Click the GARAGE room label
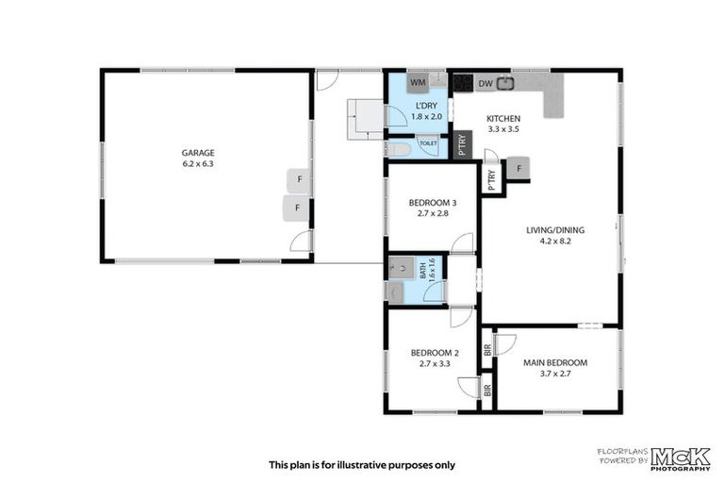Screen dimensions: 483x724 point(198,152)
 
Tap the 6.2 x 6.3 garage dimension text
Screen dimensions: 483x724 point(198,163)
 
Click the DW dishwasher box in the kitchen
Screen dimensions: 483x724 point(485,84)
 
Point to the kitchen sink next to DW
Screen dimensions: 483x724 point(505,83)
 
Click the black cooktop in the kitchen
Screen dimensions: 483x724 point(462,83)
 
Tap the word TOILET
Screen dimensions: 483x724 point(428,143)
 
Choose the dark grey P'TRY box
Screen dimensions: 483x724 point(462,145)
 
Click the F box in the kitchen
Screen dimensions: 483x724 point(518,169)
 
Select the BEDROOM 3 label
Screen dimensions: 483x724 point(433,203)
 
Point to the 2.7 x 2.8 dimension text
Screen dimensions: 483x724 point(433,214)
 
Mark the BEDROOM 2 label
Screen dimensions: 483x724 point(434,353)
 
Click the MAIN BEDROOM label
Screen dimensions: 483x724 point(555,362)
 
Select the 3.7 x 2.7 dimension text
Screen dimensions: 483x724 point(555,374)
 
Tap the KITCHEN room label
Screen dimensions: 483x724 point(502,119)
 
